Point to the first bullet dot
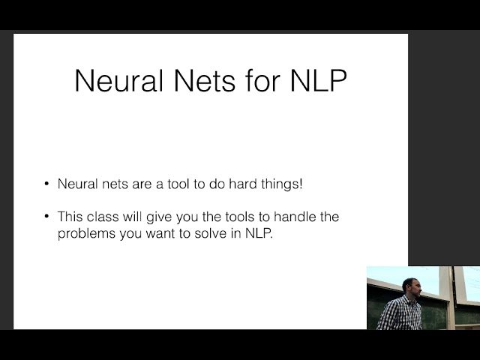tap(46, 184)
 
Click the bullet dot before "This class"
tap(46, 217)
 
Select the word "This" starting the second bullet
tap(70, 217)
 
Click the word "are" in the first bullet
tap(139, 184)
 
